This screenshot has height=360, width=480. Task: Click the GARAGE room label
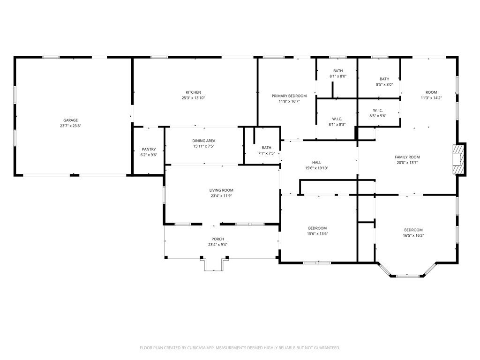point(70,120)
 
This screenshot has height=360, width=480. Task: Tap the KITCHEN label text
point(193,92)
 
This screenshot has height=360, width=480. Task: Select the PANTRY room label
point(149,150)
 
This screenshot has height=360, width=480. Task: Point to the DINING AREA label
point(203,141)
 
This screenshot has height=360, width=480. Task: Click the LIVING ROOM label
point(221,190)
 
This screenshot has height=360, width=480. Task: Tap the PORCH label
point(217,239)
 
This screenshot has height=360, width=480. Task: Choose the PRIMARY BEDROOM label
point(289,96)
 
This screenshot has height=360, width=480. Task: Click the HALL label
point(316,163)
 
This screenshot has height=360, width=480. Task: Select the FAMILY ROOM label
point(407,157)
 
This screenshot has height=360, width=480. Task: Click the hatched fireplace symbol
point(458,159)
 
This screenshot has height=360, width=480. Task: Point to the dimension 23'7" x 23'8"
point(70,126)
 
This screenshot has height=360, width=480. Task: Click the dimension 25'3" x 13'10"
point(193,98)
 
